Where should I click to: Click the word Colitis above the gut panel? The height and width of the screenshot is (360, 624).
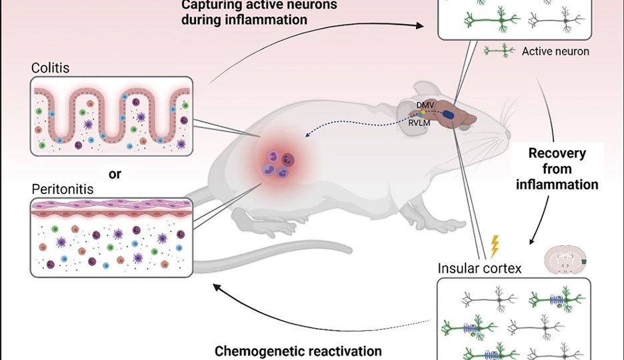coord(50,67)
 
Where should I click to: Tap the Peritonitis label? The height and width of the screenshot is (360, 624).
coord(62,189)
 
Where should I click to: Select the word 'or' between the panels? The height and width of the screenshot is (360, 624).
coord(115,174)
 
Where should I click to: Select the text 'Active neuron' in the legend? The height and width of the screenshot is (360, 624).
coord(555,51)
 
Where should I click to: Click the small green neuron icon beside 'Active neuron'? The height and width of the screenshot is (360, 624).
coord(500,50)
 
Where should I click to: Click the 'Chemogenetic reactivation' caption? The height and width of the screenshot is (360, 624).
coord(298,351)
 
